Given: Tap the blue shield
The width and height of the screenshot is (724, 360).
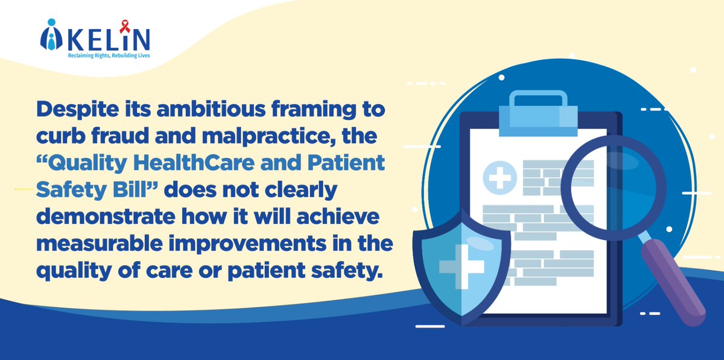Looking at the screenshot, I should pyautogui.click(x=461, y=265).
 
